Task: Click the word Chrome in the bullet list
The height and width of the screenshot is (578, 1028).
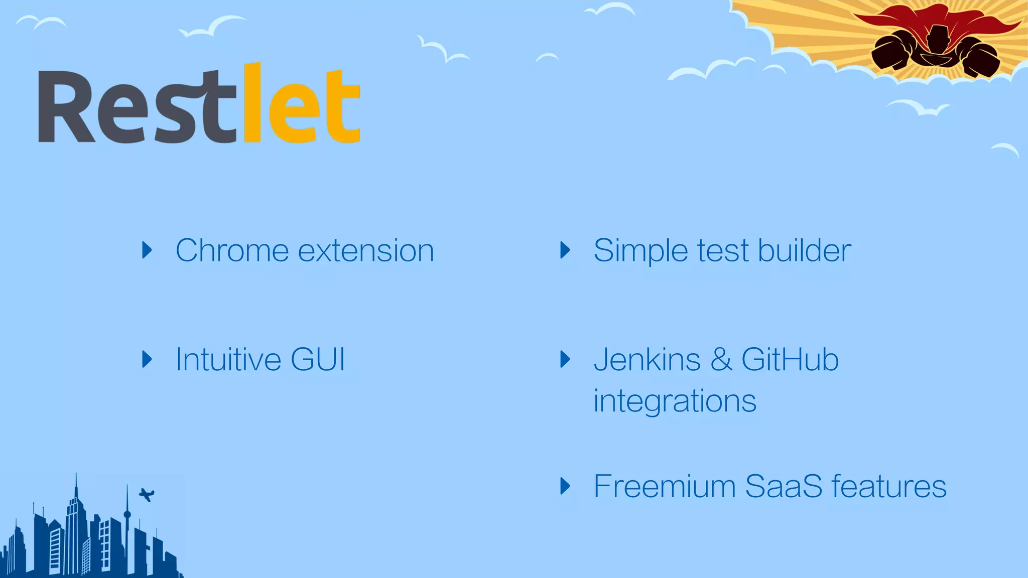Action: point(231,250)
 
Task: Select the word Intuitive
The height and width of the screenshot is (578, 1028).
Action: point(228,359)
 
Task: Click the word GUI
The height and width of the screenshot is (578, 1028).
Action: point(318,359)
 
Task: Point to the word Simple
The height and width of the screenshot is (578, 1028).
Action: point(640,250)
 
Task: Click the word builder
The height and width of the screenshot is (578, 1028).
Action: point(804,250)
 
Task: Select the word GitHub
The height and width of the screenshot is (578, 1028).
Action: point(790,359)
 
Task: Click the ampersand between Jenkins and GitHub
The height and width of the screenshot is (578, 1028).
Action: point(721,360)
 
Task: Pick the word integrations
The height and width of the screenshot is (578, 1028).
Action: point(674,401)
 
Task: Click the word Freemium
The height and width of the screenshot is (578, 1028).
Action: point(664,486)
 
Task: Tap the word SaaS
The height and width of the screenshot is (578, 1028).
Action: point(784,486)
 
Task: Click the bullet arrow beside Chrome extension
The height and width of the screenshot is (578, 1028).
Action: point(147,250)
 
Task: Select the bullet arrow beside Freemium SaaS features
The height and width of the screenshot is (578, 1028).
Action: point(565,486)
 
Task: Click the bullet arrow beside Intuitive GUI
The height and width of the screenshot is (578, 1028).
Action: point(147,359)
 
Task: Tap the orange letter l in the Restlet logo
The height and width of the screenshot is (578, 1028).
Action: point(252,103)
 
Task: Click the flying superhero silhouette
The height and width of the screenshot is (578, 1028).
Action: point(935,50)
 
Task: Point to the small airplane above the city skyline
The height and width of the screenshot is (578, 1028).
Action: point(147,495)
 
